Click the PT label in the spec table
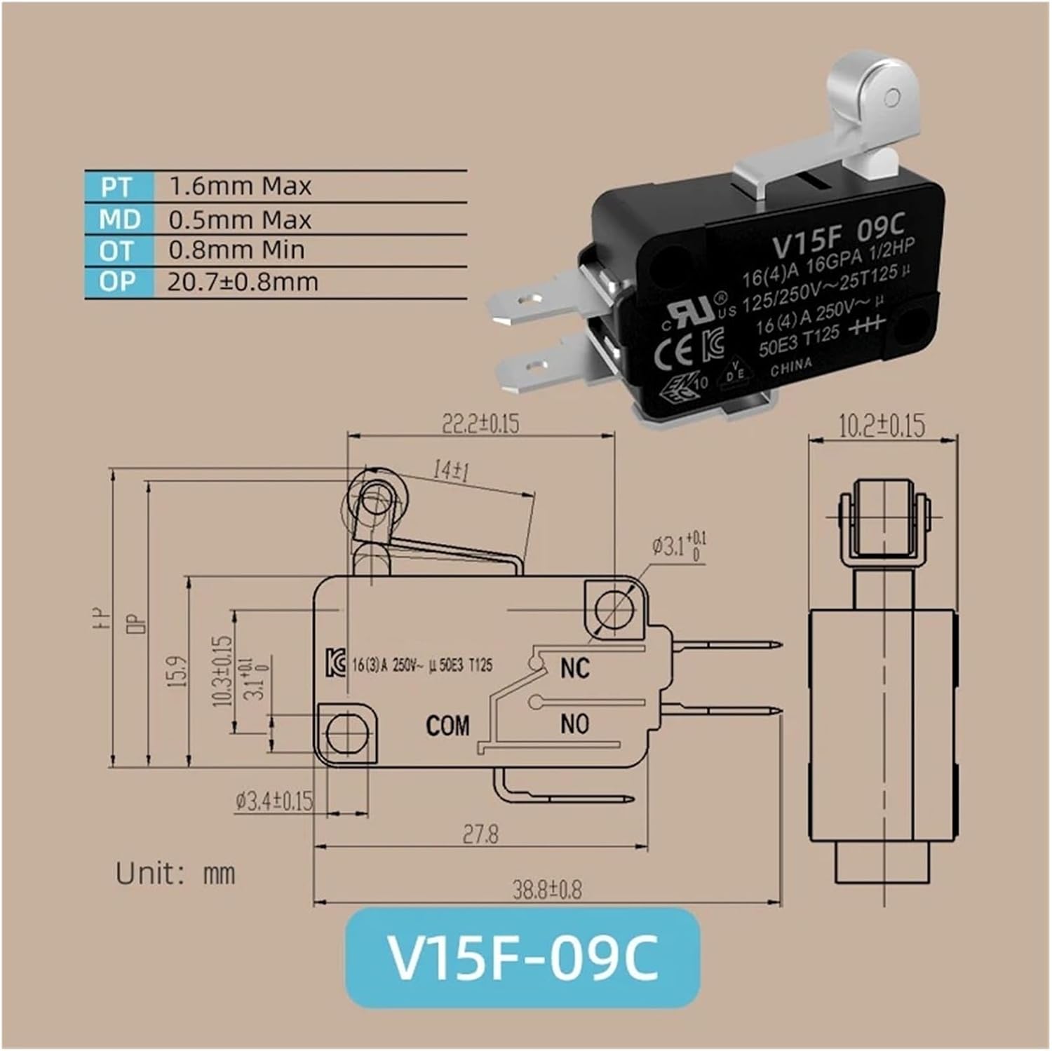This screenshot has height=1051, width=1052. click(116, 187)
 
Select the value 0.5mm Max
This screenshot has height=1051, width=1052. click(239, 220)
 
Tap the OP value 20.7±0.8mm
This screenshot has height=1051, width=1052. click(243, 282)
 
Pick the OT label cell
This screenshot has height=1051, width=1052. click(116, 250)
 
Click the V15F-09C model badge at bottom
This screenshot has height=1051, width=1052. click(522, 958)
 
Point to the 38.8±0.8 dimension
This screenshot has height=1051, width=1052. click(547, 890)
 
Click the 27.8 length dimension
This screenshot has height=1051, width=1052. click(480, 834)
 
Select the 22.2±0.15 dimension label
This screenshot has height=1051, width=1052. click(480, 423)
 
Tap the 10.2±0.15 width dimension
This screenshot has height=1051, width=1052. click(882, 425)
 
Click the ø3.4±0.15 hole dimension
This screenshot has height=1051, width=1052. click(274, 801)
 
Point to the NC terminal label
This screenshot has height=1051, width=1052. click(574, 668)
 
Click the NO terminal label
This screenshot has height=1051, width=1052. click(574, 724)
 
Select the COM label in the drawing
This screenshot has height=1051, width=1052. click(447, 726)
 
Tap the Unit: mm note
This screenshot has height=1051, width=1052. click(175, 874)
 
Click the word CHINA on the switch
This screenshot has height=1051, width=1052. click(791, 366)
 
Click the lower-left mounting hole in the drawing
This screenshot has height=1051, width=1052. click(346, 733)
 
